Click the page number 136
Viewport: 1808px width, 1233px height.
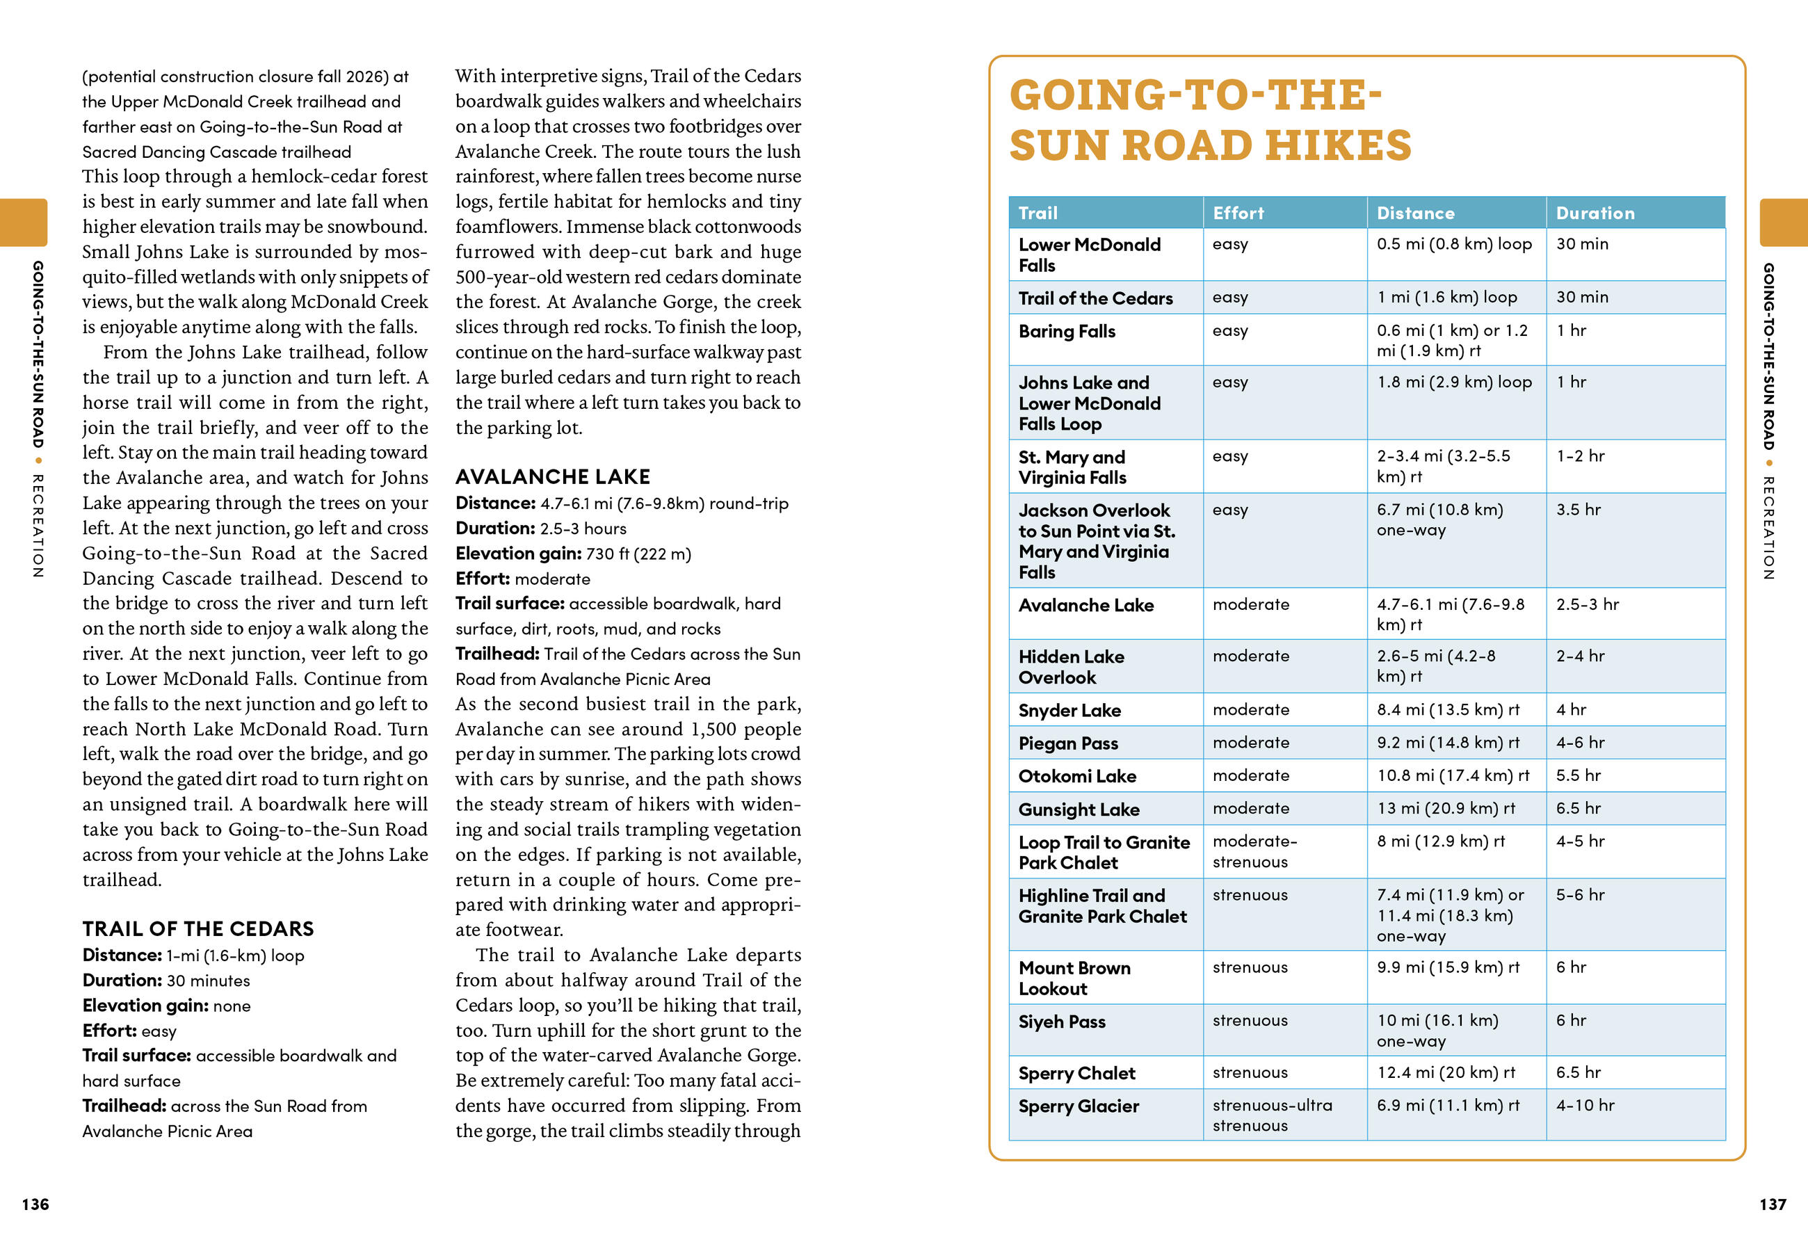point(35,1204)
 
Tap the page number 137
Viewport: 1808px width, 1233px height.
point(1773,1204)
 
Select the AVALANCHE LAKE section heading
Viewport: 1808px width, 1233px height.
point(552,476)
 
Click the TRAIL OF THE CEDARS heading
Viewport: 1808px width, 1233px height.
point(197,928)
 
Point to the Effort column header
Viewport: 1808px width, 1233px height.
point(1238,213)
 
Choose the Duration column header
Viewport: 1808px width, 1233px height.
point(1595,213)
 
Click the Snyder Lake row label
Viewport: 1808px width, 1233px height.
point(1069,710)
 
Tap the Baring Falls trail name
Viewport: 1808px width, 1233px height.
point(1067,332)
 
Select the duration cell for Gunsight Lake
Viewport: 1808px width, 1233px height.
point(1578,808)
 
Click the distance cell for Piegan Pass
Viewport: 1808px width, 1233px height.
point(1447,742)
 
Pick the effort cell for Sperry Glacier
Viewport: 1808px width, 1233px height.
point(1271,1115)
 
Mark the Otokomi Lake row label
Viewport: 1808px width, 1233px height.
point(1076,775)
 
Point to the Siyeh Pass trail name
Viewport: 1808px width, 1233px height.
point(1061,1022)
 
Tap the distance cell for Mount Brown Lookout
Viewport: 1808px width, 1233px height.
point(1447,967)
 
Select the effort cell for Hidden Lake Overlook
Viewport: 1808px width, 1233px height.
point(1250,656)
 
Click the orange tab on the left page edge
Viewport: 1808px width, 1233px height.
point(24,223)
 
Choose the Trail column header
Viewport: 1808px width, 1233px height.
point(1038,213)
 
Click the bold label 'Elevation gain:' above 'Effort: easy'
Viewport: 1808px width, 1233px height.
point(145,1005)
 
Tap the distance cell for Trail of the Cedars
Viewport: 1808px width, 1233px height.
point(1446,297)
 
